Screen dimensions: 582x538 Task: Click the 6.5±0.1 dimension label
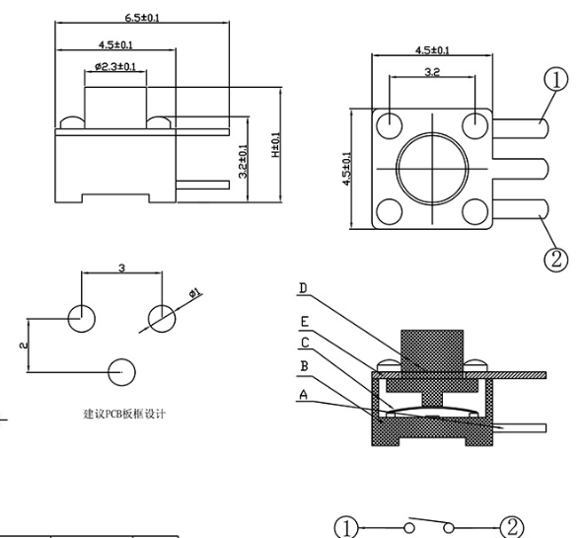pos(142,18)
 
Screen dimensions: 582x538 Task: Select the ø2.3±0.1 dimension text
pos(115,66)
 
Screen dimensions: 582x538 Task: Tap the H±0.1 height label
pos(276,145)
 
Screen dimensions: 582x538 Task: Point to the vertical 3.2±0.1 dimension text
pos(243,161)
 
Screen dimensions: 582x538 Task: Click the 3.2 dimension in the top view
pos(432,72)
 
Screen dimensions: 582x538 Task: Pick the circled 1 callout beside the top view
pos(555,80)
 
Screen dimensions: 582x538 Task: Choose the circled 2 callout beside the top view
pos(555,259)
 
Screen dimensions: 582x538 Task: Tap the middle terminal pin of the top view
pos(521,169)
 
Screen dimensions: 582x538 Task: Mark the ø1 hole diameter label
pos(195,293)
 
